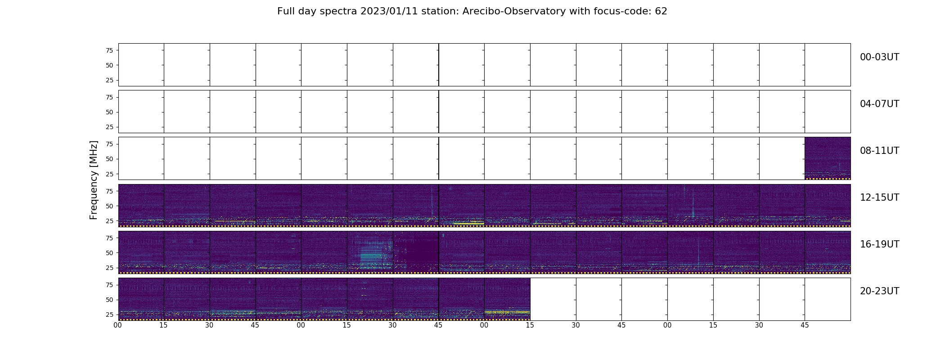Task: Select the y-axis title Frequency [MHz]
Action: (x=94, y=180)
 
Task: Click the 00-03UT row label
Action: (x=879, y=57)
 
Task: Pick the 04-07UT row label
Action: (x=879, y=104)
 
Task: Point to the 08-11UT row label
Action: (x=879, y=151)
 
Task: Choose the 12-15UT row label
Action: (x=879, y=198)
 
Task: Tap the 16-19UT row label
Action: (x=879, y=244)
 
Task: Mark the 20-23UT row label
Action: (x=879, y=291)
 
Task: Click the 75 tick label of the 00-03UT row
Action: (x=109, y=50)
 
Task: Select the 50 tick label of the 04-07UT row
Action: (x=109, y=112)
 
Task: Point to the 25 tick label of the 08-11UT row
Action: (x=109, y=174)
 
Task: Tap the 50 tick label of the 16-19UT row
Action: (x=109, y=253)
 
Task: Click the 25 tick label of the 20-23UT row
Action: (x=109, y=315)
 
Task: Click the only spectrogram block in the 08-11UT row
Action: (x=828, y=158)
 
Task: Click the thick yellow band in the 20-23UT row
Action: (x=507, y=312)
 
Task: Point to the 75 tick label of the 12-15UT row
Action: (x=109, y=191)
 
